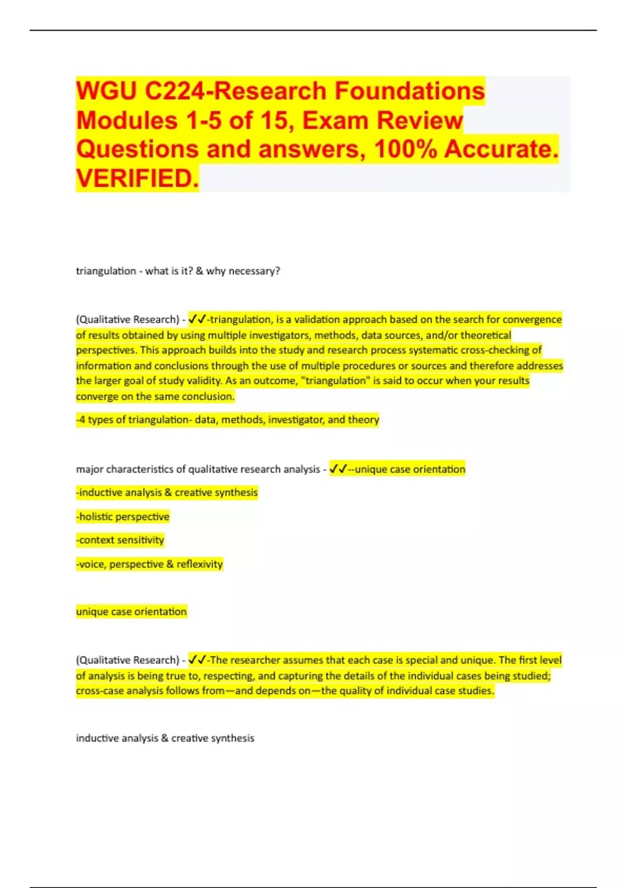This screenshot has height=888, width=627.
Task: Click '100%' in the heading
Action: tap(405, 149)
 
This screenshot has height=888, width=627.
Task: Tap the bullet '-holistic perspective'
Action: tap(123, 517)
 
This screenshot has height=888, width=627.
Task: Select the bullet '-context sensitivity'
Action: tap(120, 540)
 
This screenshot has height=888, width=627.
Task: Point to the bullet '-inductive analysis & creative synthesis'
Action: tap(167, 493)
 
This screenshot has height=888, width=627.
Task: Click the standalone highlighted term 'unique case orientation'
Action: tap(131, 612)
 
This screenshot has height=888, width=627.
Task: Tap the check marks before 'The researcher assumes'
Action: tap(197, 660)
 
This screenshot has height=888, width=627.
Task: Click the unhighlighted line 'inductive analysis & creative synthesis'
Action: tap(165, 738)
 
